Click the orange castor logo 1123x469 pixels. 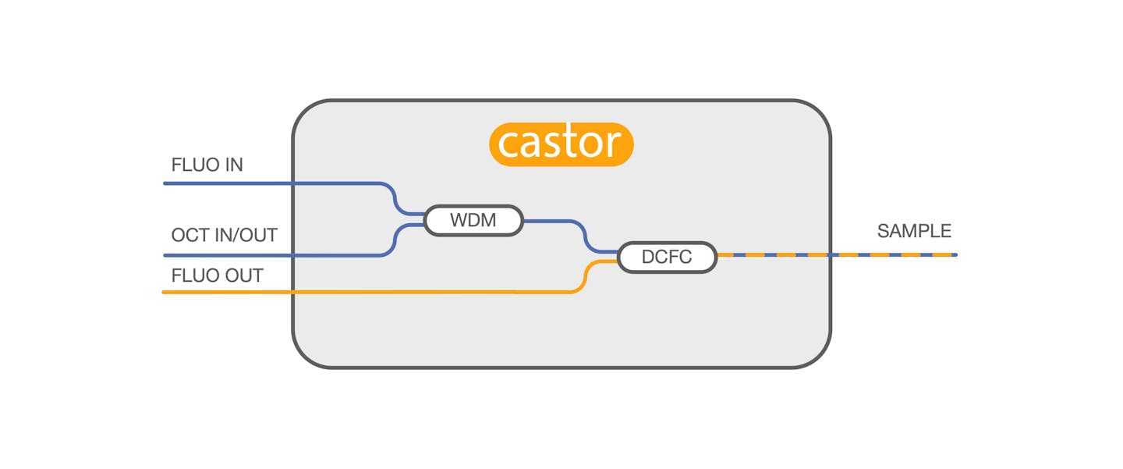coord(561,144)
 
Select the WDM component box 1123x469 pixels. coord(473,220)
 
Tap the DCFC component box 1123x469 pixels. coord(667,257)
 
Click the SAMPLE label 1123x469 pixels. coord(914,231)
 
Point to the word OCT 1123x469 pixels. coord(190,235)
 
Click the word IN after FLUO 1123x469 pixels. coord(232,165)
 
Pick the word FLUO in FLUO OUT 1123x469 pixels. coord(193,275)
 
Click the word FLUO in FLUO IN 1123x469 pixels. coord(193,165)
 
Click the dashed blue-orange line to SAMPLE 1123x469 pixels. coord(834,254)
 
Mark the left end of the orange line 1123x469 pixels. coord(165,292)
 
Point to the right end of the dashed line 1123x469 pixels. coord(955,254)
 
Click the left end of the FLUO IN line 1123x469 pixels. coord(165,183)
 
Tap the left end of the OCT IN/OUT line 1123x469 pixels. coord(165,255)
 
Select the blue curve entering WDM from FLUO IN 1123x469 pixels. coord(394,197)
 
